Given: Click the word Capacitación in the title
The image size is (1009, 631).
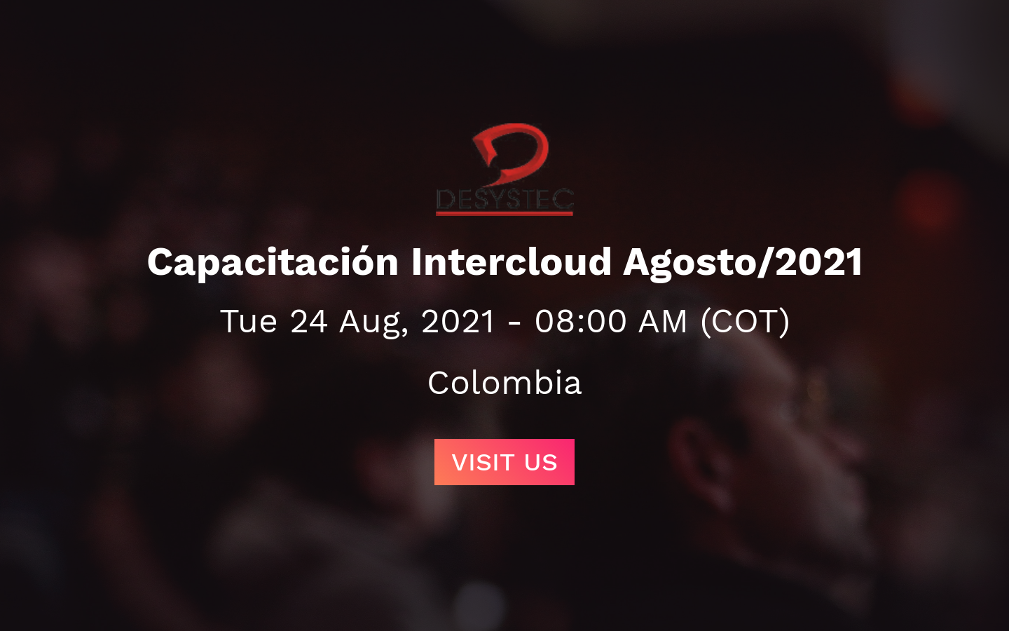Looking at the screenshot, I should [273, 262].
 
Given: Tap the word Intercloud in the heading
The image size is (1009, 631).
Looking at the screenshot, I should [512, 262].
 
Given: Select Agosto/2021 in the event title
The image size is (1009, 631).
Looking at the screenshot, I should [743, 262].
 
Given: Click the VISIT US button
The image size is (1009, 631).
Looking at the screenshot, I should [504, 462].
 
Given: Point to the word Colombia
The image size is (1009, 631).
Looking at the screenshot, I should [504, 383].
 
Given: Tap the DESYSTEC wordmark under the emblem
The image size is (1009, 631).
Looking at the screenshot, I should [504, 201].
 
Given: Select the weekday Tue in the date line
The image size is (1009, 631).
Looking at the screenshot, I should [249, 322].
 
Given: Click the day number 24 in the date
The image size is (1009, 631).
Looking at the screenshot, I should [308, 322].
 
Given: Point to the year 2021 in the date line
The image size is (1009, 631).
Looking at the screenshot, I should [458, 322].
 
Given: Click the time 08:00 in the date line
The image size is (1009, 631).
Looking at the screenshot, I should [580, 322].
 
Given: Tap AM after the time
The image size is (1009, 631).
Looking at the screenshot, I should [662, 322].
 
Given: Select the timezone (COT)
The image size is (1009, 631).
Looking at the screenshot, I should [745, 322].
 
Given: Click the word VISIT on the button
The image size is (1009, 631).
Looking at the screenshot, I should [483, 463].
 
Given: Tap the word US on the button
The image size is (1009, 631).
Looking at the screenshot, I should [540, 463].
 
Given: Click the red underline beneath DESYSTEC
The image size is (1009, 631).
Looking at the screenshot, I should [504, 213].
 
